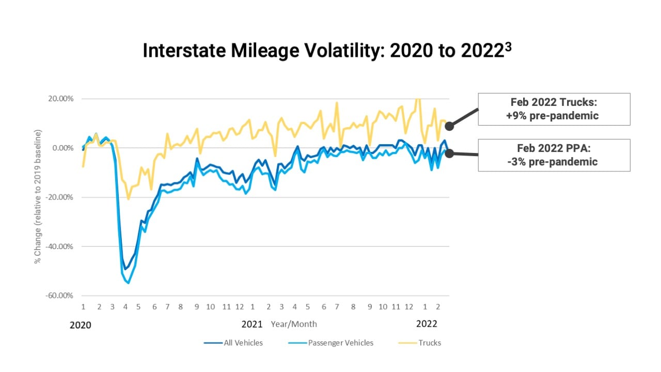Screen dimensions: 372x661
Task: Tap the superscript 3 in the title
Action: point(509,45)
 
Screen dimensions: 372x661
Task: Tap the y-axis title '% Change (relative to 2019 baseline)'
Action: point(38,196)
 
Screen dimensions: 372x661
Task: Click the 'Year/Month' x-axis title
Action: point(294,324)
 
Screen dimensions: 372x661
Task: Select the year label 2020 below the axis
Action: point(80,325)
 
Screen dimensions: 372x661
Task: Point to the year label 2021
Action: point(252,324)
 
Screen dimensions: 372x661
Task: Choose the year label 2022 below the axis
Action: point(427,324)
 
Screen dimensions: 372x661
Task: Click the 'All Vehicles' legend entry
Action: point(243,343)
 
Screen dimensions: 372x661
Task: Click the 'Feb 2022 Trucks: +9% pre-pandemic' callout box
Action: point(554,109)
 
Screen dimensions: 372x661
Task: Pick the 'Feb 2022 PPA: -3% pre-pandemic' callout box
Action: point(554,155)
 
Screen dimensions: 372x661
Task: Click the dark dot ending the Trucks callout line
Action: point(449,126)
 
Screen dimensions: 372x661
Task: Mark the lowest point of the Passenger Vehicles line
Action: point(128,283)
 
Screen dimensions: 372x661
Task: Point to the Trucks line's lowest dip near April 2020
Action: point(128,199)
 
